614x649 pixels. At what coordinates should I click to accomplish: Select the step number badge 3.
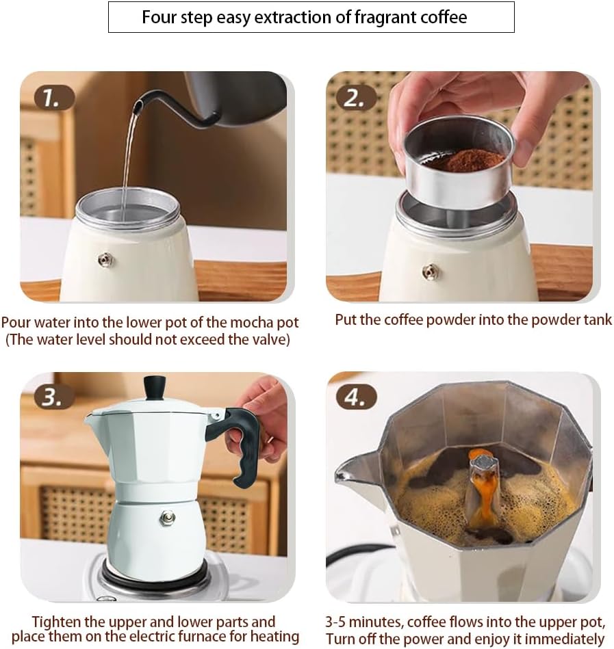pos(52,397)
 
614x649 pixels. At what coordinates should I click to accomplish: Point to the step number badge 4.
pos(355,397)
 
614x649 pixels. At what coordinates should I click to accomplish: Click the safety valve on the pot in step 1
pos(105,259)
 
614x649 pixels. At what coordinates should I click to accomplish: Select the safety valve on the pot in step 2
pos(430,271)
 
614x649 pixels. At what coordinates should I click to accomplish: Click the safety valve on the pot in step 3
pos(167,518)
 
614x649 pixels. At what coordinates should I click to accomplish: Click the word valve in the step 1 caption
pos(266,339)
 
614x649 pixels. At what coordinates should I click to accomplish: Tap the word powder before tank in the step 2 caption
pos(550,319)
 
